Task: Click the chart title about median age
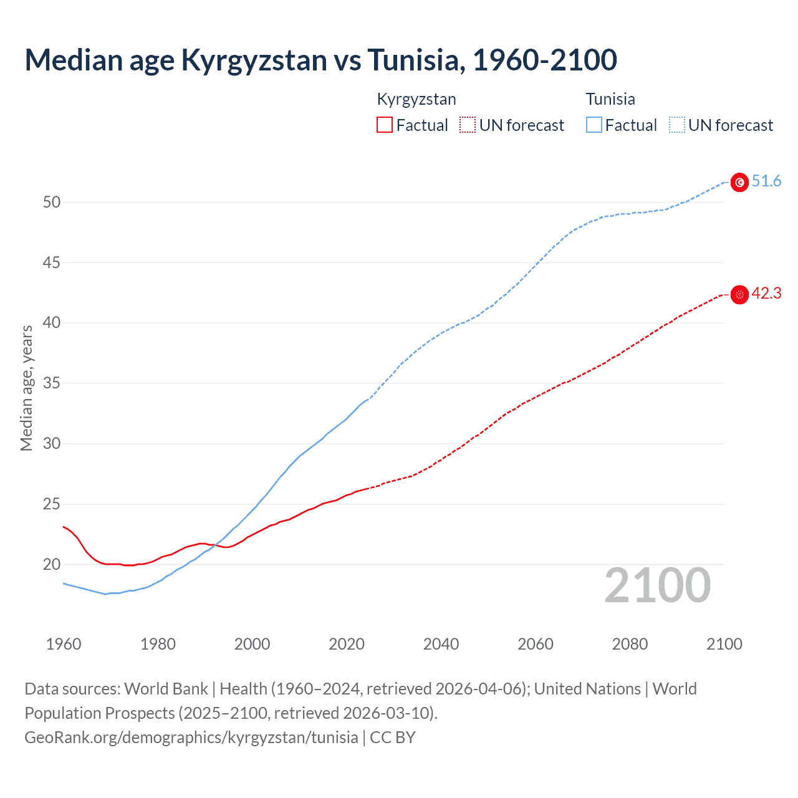pos(320,60)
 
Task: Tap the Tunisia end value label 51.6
pos(766,181)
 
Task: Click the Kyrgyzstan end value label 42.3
pos(766,294)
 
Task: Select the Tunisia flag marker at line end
pos(739,182)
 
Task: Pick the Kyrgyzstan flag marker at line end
pos(739,294)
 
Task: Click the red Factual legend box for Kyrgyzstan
pos(385,125)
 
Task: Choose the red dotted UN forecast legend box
pos(468,125)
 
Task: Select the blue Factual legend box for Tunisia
pos(594,125)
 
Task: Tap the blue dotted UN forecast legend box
pos(677,125)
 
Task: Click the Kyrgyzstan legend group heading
pos(416,99)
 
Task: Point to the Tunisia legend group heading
pos(610,99)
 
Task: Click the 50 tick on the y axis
pos(52,202)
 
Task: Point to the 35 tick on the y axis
pos(52,383)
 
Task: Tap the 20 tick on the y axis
pos(52,564)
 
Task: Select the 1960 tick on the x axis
pos(64,644)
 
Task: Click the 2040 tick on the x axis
pos(441,644)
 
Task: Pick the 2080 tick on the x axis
pos(630,644)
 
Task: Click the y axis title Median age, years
pos(26,388)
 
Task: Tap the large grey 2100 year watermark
pos(657,585)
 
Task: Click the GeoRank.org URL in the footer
pos(191,738)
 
